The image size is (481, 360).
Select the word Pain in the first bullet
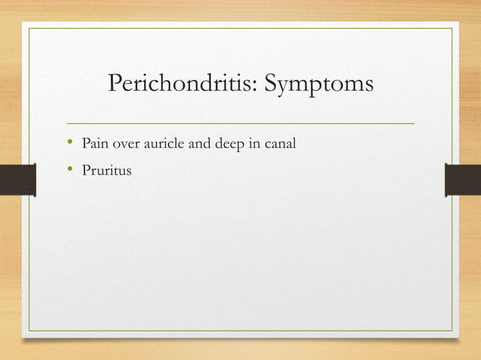(x=95, y=142)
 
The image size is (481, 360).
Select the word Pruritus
(x=107, y=171)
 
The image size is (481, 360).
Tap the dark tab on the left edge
(x=17, y=181)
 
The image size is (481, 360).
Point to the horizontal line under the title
(x=240, y=122)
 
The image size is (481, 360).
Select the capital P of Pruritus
(x=87, y=171)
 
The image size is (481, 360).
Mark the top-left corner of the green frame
(x=29, y=29)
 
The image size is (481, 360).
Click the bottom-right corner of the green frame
(x=452, y=331)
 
